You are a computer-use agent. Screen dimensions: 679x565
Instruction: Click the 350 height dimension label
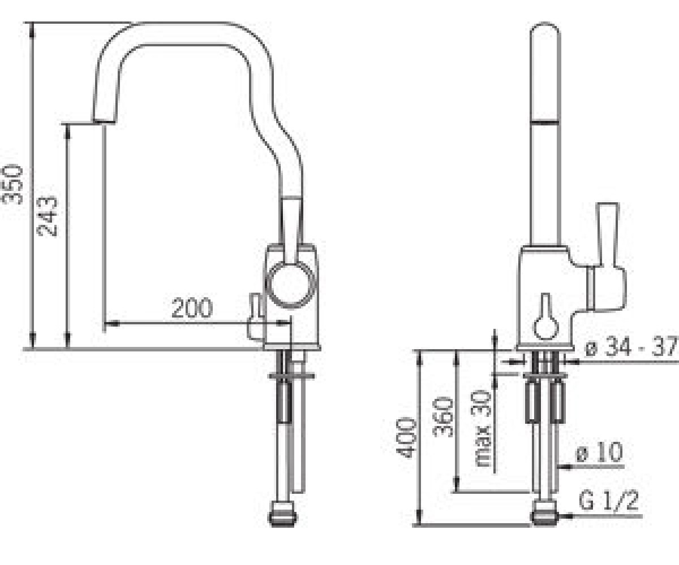[12, 185]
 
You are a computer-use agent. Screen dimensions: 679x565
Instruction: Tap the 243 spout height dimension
[47, 216]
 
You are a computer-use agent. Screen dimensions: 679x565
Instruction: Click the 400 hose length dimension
[406, 438]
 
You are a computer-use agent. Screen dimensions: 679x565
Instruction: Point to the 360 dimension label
[443, 417]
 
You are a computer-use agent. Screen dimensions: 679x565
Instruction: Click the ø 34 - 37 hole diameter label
[631, 347]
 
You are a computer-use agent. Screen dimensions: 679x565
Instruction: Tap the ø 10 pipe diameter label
[599, 453]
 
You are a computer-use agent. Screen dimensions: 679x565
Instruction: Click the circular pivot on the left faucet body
[290, 285]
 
